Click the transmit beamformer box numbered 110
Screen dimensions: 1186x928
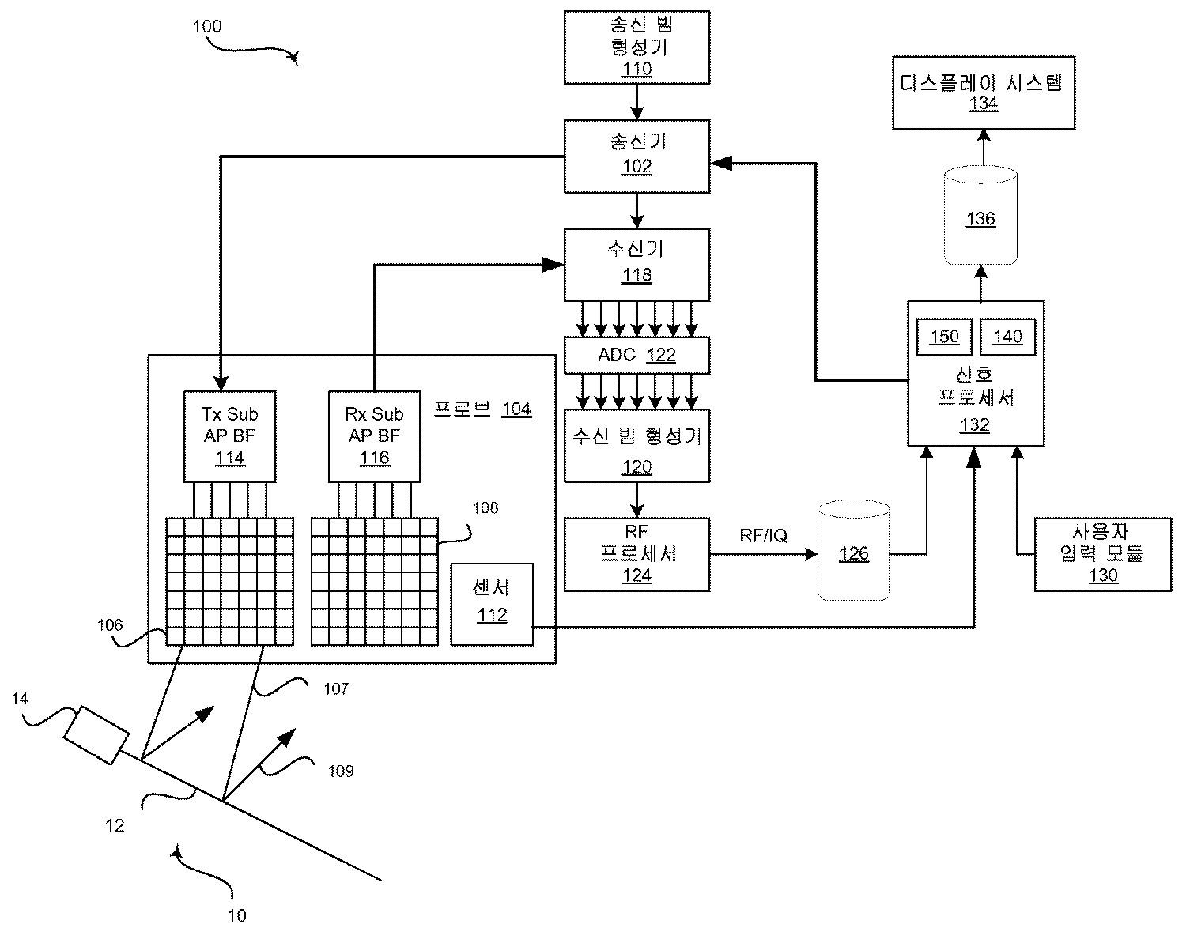click(x=637, y=47)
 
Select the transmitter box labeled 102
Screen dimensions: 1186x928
click(x=637, y=157)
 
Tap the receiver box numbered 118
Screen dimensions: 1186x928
click(x=637, y=265)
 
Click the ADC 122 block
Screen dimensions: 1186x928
click(x=637, y=355)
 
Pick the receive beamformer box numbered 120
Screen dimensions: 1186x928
click(x=637, y=446)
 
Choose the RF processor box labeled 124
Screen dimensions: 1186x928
click(x=637, y=554)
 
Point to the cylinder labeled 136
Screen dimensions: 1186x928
click(x=980, y=217)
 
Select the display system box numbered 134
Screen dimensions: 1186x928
click(x=984, y=92)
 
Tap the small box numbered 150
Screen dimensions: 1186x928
click(x=944, y=338)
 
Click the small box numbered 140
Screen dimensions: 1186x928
click(x=1007, y=338)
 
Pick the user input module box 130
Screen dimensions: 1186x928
click(x=1103, y=554)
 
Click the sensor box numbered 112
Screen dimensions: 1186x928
click(x=492, y=605)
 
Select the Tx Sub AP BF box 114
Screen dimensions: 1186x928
click(x=230, y=436)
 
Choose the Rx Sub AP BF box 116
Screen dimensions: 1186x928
click(x=375, y=436)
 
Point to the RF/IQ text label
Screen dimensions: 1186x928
click(x=764, y=536)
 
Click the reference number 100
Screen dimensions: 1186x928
click(x=207, y=26)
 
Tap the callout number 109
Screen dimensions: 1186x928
click(x=341, y=771)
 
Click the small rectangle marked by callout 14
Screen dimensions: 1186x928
click(x=96, y=735)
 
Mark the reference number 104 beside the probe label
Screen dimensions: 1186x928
click(x=516, y=409)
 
